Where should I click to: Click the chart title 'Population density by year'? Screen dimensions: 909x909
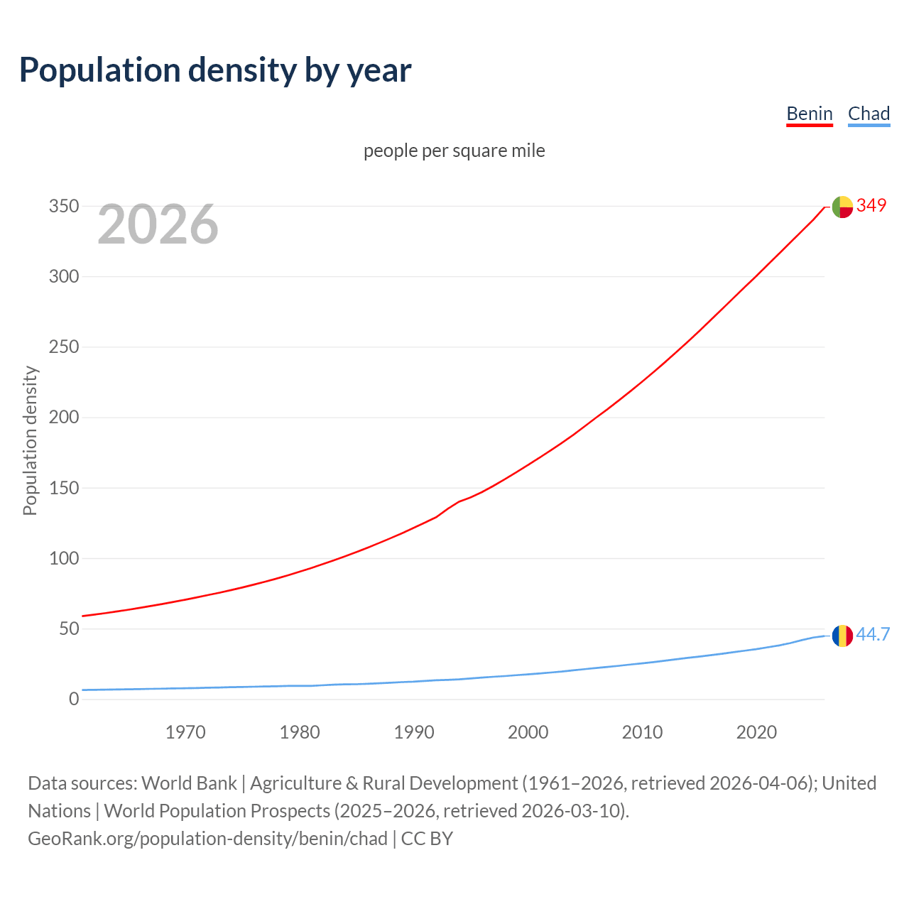[x=215, y=70]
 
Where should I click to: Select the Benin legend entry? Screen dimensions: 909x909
[x=809, y=114]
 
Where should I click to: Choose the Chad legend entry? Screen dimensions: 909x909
[x=869, y=114]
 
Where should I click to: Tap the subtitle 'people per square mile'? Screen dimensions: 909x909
[x=454, y=151]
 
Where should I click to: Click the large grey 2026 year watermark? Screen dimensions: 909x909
[x=158, y=224]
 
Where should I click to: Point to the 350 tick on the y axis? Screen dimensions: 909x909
[x=63, y=206]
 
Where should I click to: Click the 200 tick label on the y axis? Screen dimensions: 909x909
[x=63, y=417]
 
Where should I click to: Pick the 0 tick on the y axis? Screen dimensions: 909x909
[x=74, y=699]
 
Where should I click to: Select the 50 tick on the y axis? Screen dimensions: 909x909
[x=68, y=628]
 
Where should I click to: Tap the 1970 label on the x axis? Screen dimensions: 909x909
[x=185, y=732]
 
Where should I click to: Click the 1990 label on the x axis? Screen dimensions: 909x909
[x=414, y=732]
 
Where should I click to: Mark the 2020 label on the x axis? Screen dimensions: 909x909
[x=756, y=732]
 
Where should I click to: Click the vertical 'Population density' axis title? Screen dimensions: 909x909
[x=30, y=440]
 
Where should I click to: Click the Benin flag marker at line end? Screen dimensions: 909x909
[x=842, y=207]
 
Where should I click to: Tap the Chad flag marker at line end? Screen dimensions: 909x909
[x=842, y=636]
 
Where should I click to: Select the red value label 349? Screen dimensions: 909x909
[x=871, y=205]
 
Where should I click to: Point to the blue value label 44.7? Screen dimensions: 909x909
[x=873, y=634]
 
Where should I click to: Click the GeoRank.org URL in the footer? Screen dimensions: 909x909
[x=207, y=839]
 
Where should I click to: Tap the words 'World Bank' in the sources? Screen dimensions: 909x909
[x=189, y=783]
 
